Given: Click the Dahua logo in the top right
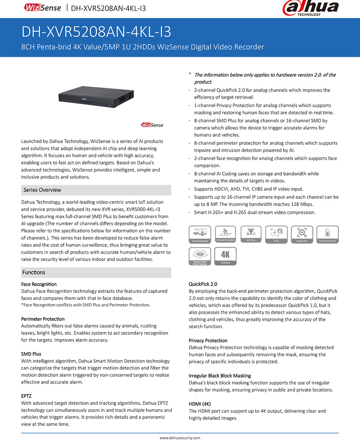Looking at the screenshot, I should point(310,8).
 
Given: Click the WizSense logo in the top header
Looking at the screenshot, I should point(42,8).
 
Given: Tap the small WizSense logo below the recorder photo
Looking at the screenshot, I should point(152,125).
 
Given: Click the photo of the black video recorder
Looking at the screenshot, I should point(96,96).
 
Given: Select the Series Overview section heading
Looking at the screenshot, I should point(42,190).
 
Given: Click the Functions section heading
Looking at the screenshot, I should point(34,272).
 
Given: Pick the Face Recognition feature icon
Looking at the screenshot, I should point(200,234).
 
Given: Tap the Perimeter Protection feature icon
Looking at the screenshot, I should point(226,234).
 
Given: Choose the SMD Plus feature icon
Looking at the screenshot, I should point(251,234).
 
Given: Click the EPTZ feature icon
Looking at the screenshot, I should point(276,234).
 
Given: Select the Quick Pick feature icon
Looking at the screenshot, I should point(302,234).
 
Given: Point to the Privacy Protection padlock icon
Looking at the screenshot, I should point(328,234).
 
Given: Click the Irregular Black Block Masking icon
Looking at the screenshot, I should point(200,256).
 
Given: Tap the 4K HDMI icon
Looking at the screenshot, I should point(226,256).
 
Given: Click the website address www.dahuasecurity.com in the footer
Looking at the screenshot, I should point(180,438).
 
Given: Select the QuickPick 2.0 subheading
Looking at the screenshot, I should point(203,284).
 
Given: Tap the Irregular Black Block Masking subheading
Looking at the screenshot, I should point(220,376).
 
